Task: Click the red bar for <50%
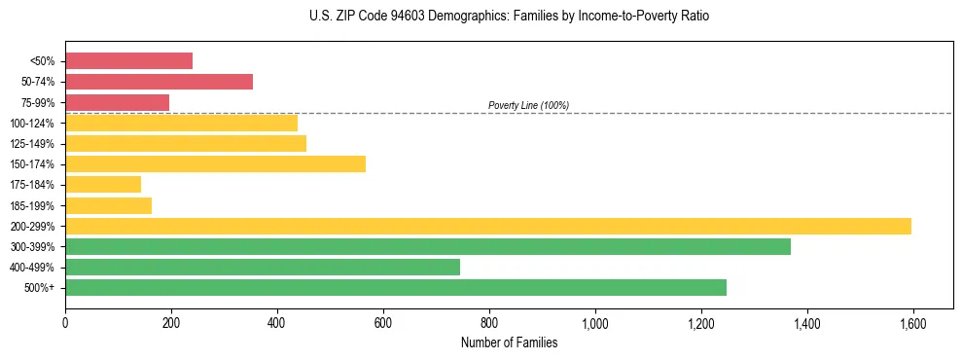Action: tap(128, 60)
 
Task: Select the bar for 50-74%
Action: tap(159, 82)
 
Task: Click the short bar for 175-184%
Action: tap(103, 184)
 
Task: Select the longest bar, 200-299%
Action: tap(487, 226)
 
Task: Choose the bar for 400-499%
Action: tap(263, 267)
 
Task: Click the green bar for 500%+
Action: tap(395, 287)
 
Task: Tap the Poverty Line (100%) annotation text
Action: tap(528, 105)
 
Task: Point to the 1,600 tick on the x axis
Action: tap(912, 323)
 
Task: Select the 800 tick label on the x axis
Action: tap(489, 323)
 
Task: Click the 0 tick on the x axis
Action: tap(65, 323)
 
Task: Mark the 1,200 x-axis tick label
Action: tap(700, 323)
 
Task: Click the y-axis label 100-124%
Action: tap(32, 124)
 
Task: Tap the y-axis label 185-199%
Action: tap(32, 206)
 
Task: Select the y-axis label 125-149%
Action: tap(32, 144)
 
